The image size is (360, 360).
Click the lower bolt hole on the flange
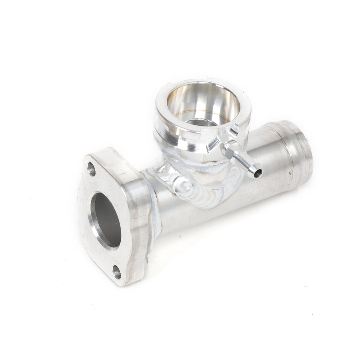pos(117,273)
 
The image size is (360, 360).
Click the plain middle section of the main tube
pos(256,200)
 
